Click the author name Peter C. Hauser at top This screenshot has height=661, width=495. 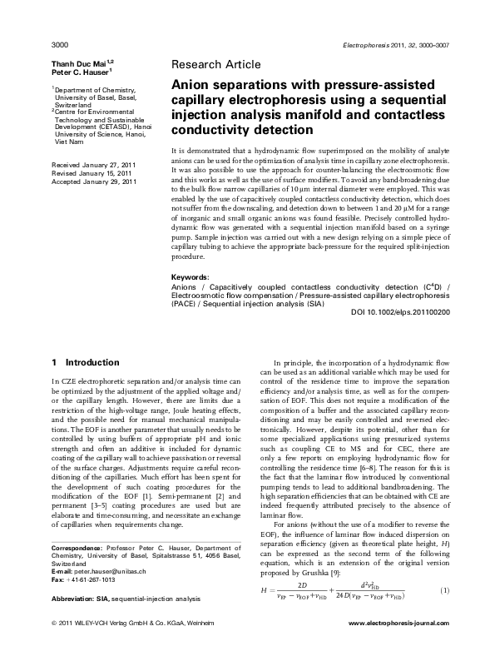pyautogui.click(x=76, y=72)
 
